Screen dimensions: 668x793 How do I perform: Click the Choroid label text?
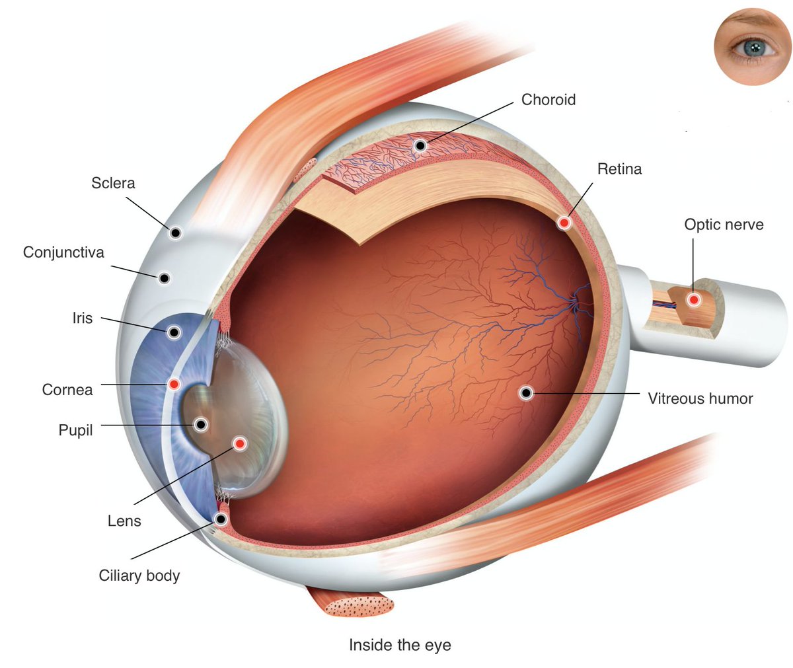548,100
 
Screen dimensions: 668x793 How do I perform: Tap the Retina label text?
619,169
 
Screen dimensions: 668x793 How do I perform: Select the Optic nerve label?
724,225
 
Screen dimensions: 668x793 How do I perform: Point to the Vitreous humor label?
700,398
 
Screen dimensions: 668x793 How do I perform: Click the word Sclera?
113,183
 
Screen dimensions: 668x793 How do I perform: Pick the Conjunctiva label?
63,252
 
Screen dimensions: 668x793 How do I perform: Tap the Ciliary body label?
139,575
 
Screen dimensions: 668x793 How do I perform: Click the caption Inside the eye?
400,645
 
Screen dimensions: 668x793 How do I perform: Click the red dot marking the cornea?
174,384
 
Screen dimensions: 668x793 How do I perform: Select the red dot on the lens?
239,443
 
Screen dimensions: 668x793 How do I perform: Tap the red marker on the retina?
564,223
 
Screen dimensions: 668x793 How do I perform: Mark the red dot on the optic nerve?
693,300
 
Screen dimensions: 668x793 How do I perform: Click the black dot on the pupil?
201,424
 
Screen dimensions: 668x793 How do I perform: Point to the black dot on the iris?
174,332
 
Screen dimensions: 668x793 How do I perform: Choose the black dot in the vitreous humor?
526,393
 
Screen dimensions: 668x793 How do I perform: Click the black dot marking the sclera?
175,233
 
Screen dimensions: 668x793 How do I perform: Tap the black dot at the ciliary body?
221,519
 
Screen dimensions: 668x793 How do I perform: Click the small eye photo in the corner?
751,46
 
